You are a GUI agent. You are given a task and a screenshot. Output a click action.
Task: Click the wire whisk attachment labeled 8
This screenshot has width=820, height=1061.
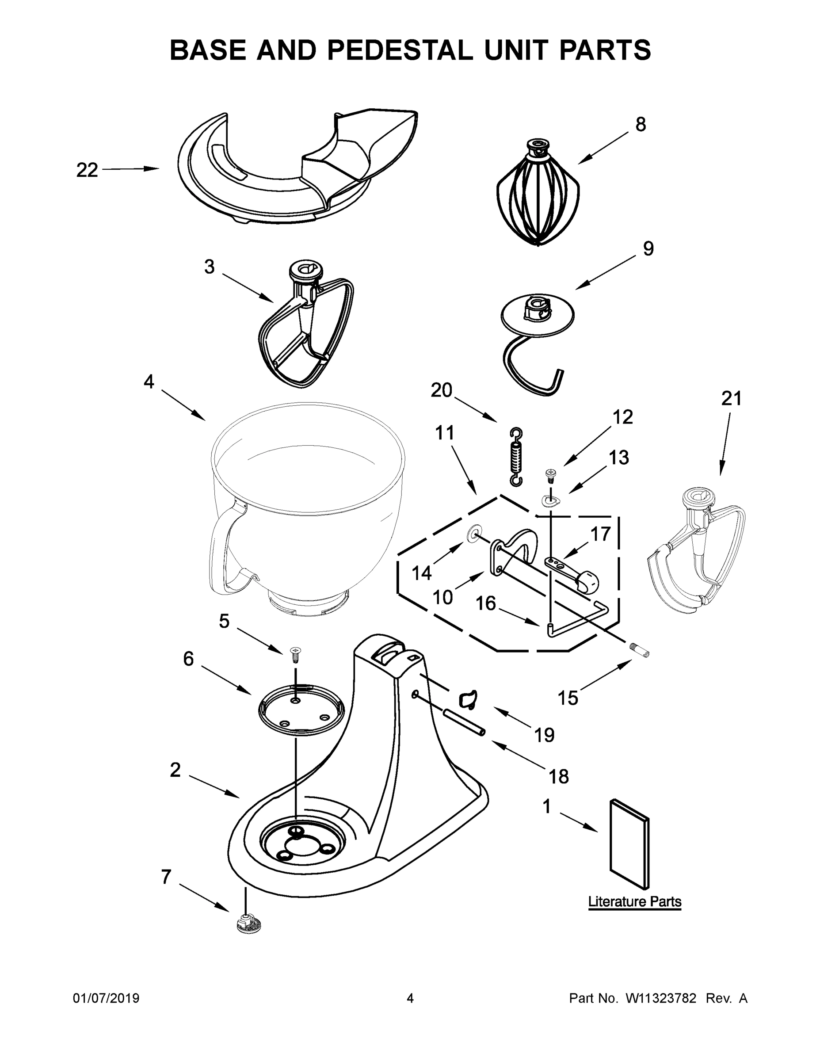click(538, 195)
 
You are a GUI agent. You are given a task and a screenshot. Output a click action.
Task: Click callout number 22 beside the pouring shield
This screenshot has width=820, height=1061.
click(87, 170)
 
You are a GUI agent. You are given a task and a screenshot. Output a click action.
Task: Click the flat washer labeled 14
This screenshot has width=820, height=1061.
click(472, 535)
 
